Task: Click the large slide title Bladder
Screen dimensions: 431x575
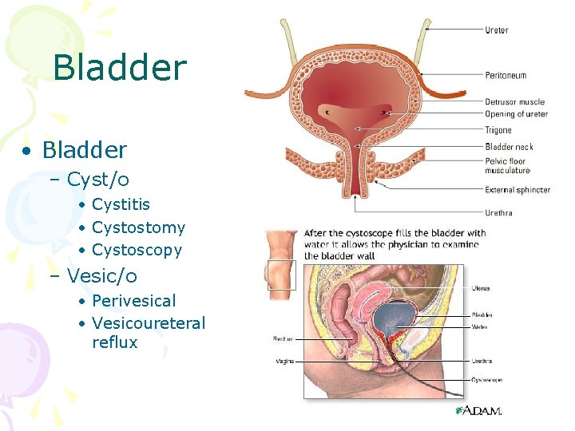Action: (x=120, y=69)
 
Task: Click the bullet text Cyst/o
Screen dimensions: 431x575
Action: (x=98, y=180)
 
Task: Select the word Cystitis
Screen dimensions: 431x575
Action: (x=121, y=205)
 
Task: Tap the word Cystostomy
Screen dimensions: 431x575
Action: (x=138, y=227)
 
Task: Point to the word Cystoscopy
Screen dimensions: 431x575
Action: (x=137, y=250)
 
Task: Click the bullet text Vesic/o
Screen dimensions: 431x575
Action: (x=102, y=276)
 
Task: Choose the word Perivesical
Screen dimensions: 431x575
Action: (x=133, y=301)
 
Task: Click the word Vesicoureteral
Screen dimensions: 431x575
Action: (x=149, y=323)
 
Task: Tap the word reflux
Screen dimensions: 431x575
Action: (x=115, y=342)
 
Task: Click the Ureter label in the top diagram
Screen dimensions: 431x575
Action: (x=496, y=30)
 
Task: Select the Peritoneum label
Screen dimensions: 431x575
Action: (x=506, y=76)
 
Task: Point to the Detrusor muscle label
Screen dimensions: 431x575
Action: (x=514, y=102)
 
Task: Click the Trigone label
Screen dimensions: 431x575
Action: (x=498, y=130)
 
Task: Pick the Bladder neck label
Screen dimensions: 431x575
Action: (x=509, y=147)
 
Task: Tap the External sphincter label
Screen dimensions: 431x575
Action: (x=517, y=190)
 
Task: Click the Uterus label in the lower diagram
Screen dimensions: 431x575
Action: (x=481, y=288)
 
